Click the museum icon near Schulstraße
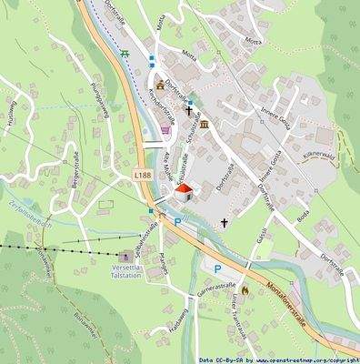pyautogui.click(x=204, y=124)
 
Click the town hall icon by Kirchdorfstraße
pyautogui.click(x=160, y=85)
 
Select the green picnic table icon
pyautogui.click(x=127, y=53)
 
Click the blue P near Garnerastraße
pyautogui.click(x=217, y=268)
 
